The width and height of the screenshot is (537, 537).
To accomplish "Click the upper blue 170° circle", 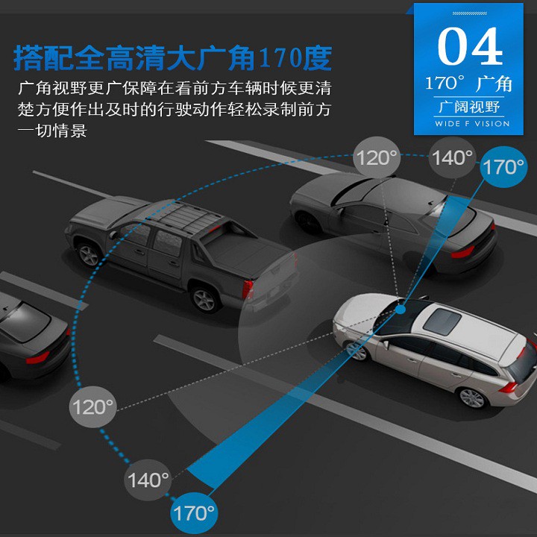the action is click(x=500, y=166).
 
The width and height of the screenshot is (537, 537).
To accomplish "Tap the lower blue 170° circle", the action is click(x=193, y=513).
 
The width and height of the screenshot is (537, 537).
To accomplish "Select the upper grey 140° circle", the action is click(x=453, y=157).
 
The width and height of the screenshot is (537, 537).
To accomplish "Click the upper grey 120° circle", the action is click(x=376, y=157).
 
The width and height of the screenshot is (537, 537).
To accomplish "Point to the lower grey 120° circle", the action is click(x=92, y=407).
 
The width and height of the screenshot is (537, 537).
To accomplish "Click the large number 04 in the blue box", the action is click(x=469, y=46).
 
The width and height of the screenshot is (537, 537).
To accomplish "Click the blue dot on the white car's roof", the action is click(x=401, y=307).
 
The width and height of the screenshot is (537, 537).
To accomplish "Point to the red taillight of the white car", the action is click(x=507, y=387).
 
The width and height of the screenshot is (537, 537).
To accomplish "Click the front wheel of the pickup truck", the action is click(x=89, y=254).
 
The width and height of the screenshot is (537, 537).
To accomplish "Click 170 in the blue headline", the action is click(x=278, y=57).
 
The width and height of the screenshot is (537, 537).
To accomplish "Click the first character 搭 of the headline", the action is click(x=28, y=57).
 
